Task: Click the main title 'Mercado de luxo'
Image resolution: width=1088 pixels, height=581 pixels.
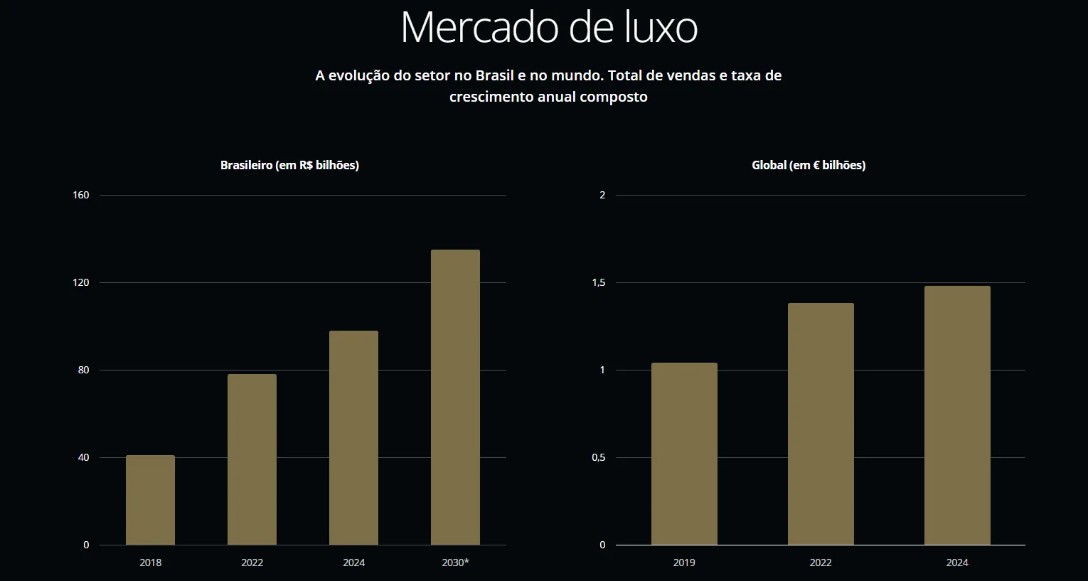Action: tap(549, 28)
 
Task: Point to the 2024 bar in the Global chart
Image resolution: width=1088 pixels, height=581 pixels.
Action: tap(957, 415)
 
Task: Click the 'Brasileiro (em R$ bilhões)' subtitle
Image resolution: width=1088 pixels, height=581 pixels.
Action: tap(289, 165)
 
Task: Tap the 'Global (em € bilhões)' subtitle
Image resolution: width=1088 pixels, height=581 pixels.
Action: tap(809, 165)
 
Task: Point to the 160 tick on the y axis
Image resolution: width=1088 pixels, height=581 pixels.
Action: tap(81, 195)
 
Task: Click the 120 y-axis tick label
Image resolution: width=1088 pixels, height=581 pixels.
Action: tap(81, 282)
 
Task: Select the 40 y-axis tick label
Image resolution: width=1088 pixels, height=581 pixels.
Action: tap(84, 457)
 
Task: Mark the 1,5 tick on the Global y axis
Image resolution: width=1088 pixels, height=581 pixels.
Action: tap(599, 282)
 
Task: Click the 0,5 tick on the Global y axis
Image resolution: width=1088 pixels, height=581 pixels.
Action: tap(599, 457)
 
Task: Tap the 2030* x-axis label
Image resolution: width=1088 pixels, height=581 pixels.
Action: tap(455, 563)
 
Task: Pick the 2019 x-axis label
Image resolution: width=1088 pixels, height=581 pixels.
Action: tap(684, 563)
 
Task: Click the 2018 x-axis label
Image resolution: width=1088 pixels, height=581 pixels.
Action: tap(150, 563)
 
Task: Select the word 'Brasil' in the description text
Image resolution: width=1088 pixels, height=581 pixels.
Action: tap(494, 75)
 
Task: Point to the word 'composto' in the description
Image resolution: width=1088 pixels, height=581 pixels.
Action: tap(614, 97)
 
